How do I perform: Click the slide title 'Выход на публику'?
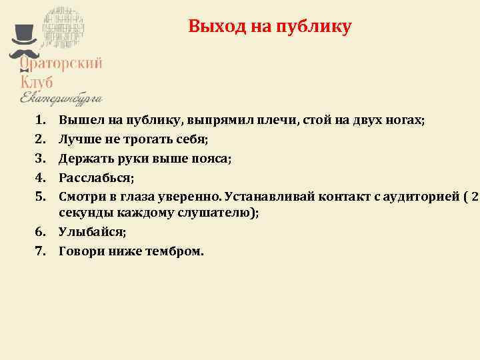coord(269,27)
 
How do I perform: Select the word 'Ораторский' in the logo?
coord(61,63)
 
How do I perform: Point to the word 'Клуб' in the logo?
coord(37,81)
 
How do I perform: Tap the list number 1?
coord(39,121)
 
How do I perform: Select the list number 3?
coord(39,159)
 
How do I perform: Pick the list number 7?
coord(39,251)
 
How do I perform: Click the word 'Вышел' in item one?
coord(76,121)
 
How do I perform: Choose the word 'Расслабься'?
coord(95,178)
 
